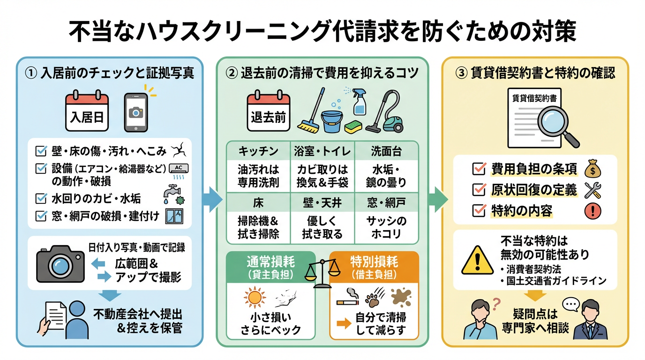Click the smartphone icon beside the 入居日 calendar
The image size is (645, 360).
(135, 112)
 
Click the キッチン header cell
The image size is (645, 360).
(258, 151)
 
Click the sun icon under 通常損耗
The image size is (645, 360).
(255, 299)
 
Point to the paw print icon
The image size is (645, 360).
(373, 297)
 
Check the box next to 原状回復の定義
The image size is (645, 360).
(479, 190)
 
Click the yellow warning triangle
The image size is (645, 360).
(477, 260)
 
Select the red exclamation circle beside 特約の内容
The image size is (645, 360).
(593, 211)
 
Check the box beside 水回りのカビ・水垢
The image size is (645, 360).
(41, 198)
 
